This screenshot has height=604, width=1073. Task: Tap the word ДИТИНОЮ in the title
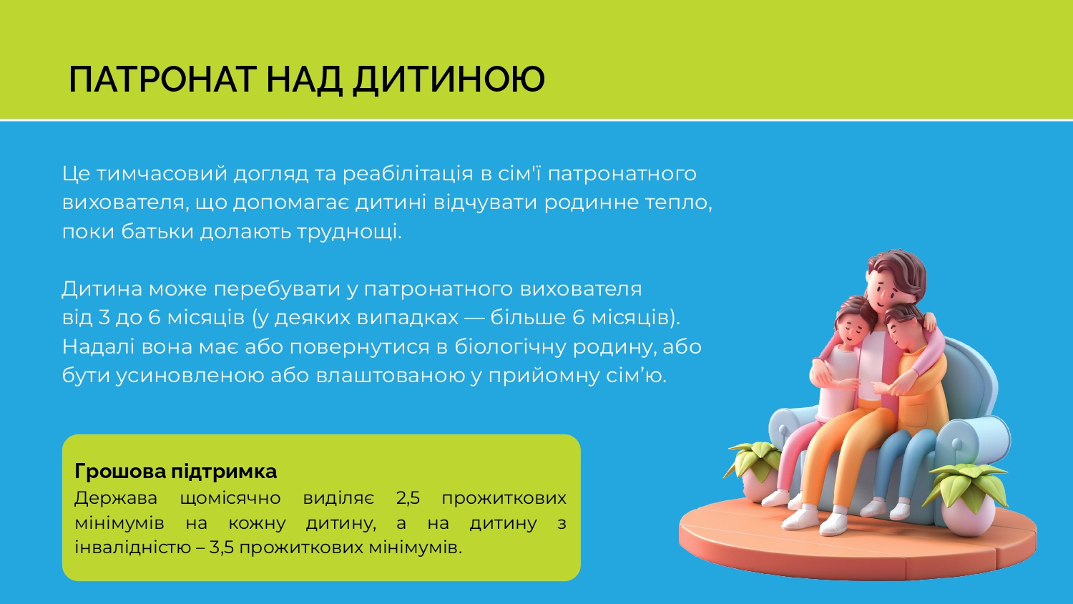[x=449, y=79]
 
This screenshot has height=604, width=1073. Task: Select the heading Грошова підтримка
[x=175, y=472]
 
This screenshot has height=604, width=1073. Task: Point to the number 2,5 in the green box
[x=408, y=498]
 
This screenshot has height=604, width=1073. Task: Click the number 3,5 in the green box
[x=221, y=547]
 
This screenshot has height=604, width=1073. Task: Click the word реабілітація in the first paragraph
[x=408, y=174]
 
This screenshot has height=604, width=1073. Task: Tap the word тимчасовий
[x=162, y=174]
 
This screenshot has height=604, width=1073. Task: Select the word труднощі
[x=349, y=232]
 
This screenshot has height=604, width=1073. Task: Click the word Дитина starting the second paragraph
[x=102, y=289]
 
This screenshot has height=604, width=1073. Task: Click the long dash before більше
[x=474, y=318]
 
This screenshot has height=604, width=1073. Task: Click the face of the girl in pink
[x=851, y=329]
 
